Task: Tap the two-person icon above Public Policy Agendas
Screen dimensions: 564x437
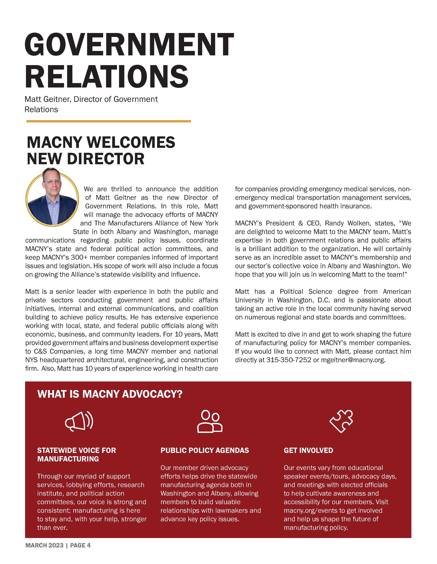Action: tap(210, 421)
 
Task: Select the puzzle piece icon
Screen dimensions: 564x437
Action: tap(341, 421)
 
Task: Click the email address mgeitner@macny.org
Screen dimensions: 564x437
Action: tap(353, 360)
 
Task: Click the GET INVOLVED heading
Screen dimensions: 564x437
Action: tap(308, 450)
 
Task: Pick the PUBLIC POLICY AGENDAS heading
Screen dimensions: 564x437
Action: tap(205, 450)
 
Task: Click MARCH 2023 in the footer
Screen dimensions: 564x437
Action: tap(44, 545)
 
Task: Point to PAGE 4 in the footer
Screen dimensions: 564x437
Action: tap(80, 545)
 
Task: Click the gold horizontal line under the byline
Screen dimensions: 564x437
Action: tap(108, 121)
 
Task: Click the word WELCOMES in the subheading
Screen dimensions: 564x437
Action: tap(131, 142)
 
